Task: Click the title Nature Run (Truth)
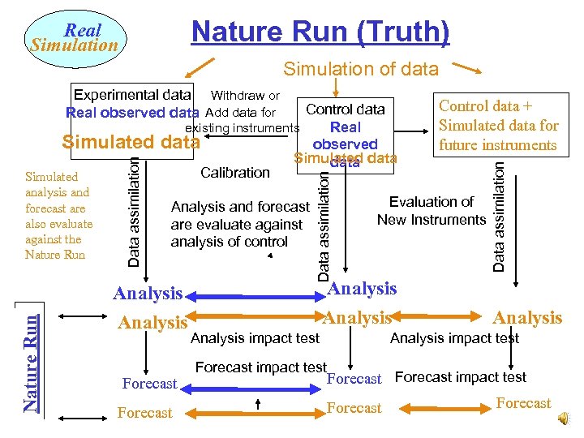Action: click(x=320, y=32)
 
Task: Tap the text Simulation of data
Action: click(x=360, y=70)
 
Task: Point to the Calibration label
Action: click(x=234, y=172)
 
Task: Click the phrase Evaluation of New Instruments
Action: click(x=431, y=211)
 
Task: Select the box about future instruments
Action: click(x=498, y=126)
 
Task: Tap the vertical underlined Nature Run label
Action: click(x=31, y=356)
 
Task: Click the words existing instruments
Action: click(x=243, y=128)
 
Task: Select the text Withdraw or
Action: click(x=245, y=96)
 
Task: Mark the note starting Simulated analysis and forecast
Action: click(x=58, y=215)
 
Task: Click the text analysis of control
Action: click(x=229, y=242)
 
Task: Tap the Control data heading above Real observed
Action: click(x=345, y=109)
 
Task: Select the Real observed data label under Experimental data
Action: click(x=132, y=113)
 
